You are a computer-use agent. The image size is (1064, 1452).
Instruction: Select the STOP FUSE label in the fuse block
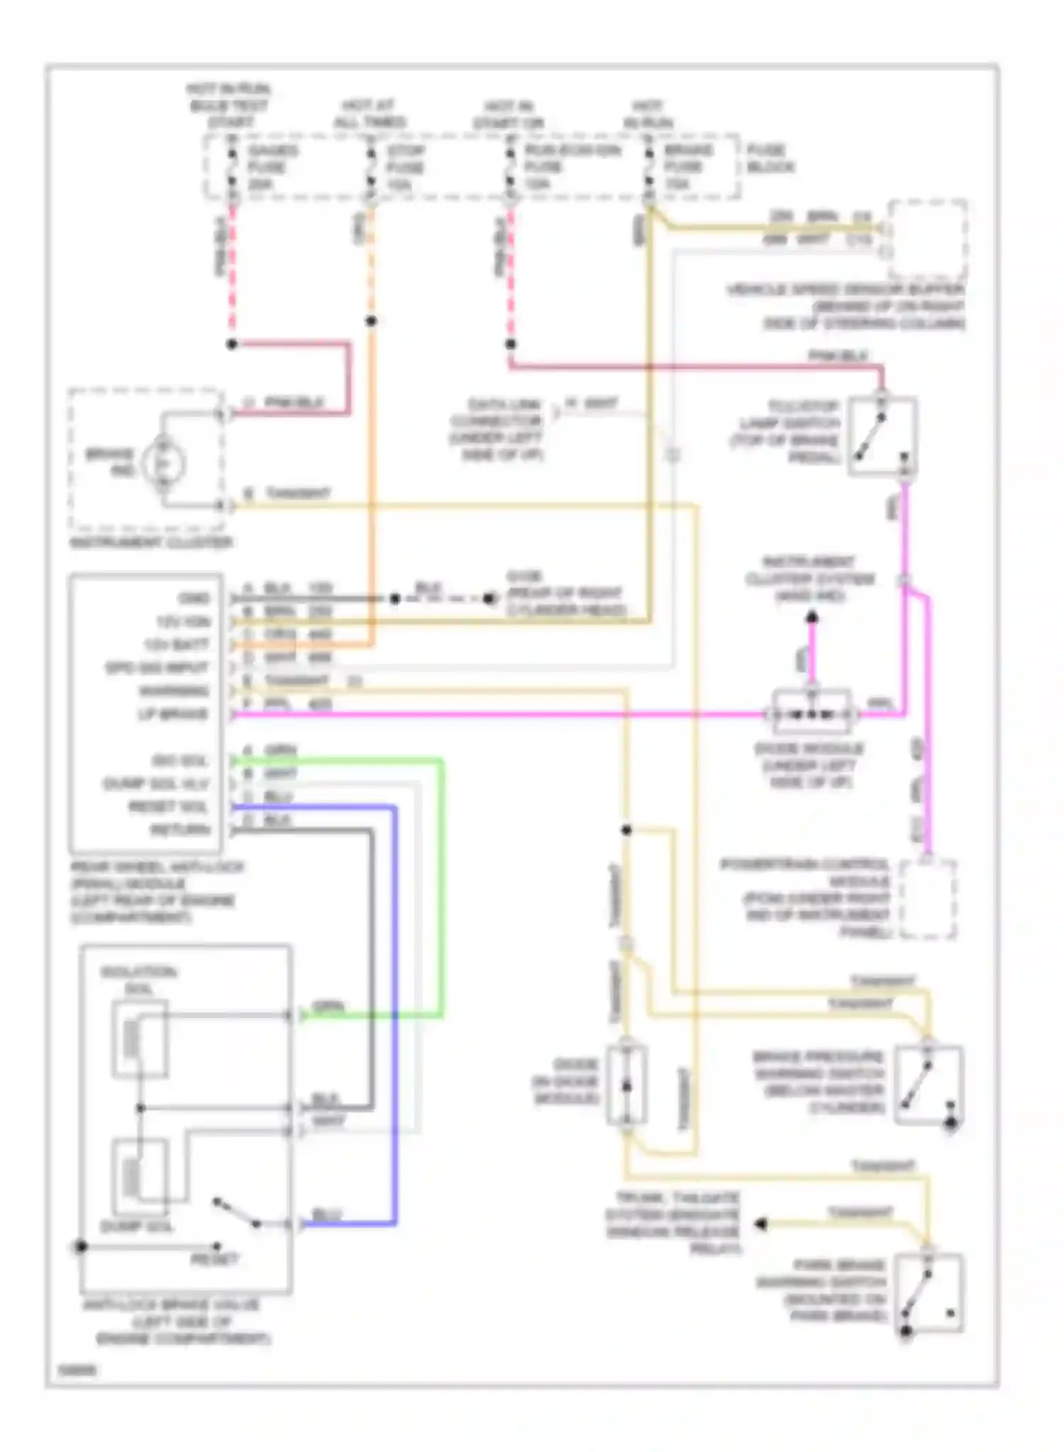(x=405, y=167)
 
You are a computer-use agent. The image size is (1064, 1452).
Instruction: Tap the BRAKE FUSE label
(x=687, y=167)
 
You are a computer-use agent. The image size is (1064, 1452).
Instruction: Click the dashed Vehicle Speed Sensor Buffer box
(x=928, y=240)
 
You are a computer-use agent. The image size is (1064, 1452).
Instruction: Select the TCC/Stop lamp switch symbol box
(x=882, y=436)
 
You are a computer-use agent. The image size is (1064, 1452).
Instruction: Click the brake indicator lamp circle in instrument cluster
(x=163, y=463)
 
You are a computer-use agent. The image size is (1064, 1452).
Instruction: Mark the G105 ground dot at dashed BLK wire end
(x=489, y=598)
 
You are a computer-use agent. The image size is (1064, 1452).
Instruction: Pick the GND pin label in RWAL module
(x=194, y=598)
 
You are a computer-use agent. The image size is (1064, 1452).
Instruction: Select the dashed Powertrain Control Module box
(x=927, y=899)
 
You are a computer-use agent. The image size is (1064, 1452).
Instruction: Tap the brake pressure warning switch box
(x=928, y=1085)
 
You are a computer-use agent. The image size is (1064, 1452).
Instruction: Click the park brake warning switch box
(x=928, y=1294)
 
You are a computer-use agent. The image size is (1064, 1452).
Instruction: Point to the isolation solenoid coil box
(x=140, y=1039)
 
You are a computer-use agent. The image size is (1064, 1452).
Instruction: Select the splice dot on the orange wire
(x=370, y=321)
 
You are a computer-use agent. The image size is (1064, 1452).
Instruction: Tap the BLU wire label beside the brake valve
(x=326, y=1215)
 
